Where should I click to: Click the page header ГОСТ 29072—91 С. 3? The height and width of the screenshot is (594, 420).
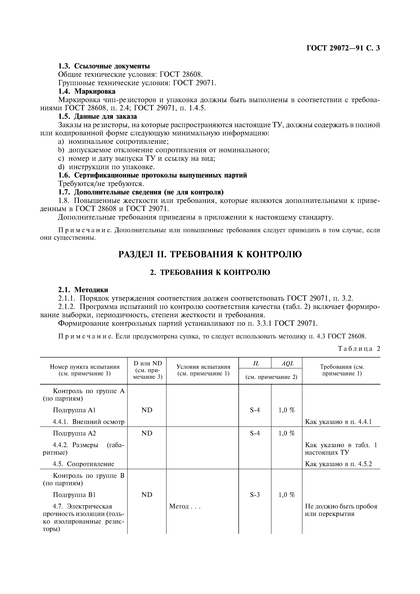[x=343, y=48]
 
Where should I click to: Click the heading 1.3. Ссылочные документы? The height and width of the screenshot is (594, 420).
[x=104, y=66]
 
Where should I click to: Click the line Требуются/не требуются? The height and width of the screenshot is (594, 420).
[x=101, y=184]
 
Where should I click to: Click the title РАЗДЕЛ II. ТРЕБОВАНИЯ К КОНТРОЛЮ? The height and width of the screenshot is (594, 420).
[x=210, y=254]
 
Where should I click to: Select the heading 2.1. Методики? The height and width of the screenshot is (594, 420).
[x=83, y=290]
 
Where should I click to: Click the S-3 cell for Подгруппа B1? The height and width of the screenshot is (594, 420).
[x=255, y=495]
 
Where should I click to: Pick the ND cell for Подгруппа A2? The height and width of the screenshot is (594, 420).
[x=147, y=433]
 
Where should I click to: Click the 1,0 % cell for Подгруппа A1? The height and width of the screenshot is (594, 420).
[x=286, y=410]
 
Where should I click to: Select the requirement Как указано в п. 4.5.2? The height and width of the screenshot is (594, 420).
[x=338, y=464]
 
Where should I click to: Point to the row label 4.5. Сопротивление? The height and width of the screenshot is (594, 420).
[x=83, y=464]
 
